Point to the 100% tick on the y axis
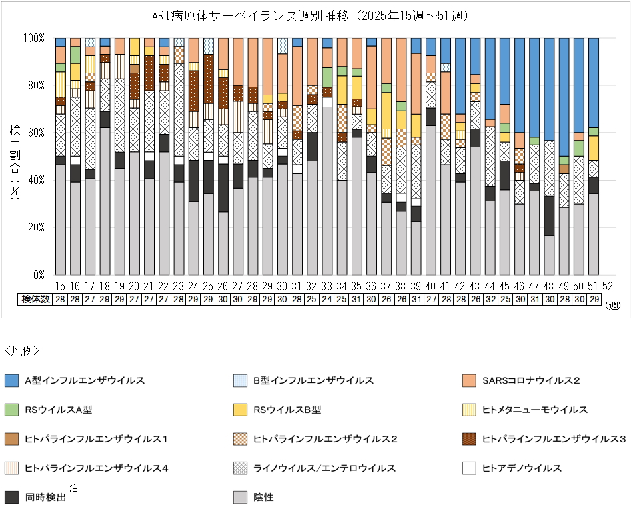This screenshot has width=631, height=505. [x=35, y=38]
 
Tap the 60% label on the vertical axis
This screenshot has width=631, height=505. [x=37, y=133]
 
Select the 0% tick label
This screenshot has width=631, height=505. [x=39, y=275]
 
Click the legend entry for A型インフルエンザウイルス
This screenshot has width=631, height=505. [x=85, y=380]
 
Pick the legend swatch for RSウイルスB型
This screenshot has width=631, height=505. [x=241, y=410]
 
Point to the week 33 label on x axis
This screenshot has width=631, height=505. [x=327, y=286]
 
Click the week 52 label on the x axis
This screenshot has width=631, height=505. [x=608, y=286]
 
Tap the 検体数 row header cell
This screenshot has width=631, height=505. [x=33, y=299]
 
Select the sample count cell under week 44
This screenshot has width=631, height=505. [x=490, y=299]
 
